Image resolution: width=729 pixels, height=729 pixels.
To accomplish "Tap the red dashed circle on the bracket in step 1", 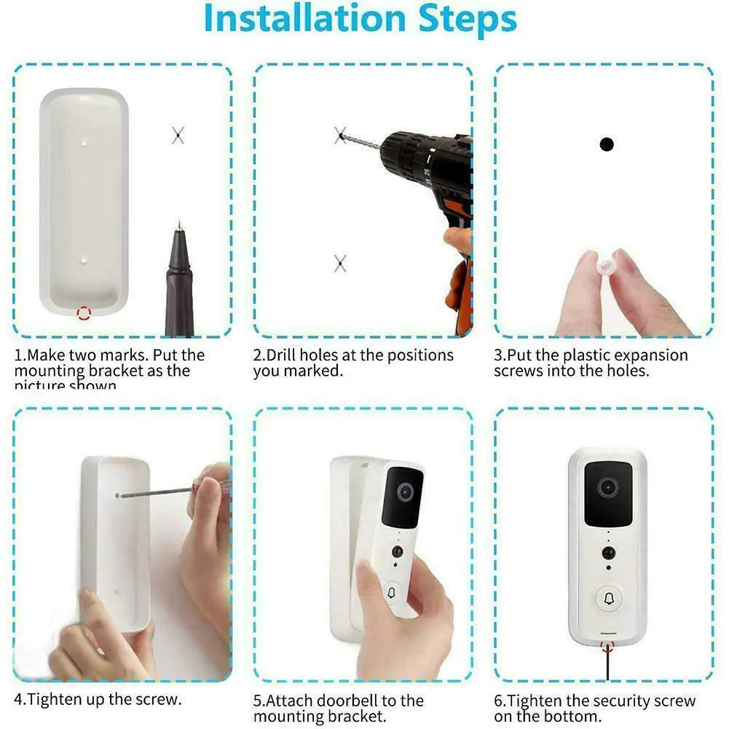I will tap(84, 313).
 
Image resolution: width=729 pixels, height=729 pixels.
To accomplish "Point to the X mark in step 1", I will tap(178, 135).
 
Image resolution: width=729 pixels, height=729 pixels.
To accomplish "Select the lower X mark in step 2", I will tap(340, 264).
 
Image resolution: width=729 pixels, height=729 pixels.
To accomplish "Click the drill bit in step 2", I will tap(360, 141).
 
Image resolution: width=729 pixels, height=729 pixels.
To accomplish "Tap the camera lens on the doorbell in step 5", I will tap(406, 492).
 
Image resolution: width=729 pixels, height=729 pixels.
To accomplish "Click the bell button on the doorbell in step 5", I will tap(393, 594).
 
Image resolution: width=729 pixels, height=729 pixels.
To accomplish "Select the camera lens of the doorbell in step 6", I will tap(607, 487).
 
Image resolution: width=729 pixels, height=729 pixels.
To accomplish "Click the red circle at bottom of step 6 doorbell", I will tap(607, 645).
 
